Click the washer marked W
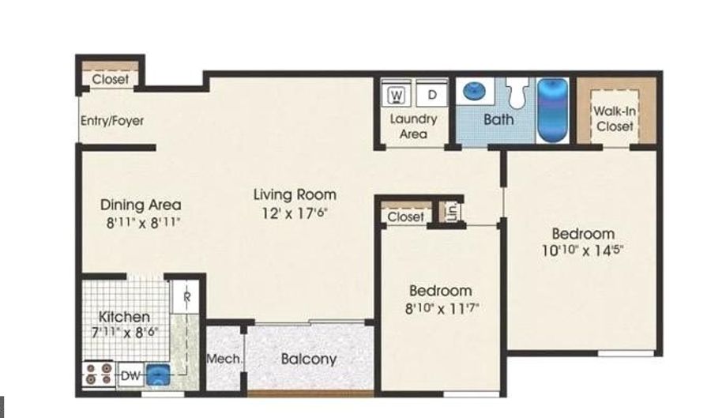(x=397, y=94)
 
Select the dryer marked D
(x=431, y=94)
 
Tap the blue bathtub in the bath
(x=552, y=110)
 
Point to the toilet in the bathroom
(x=517, y=92)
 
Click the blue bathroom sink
(x=474, y=91)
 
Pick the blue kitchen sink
(x=157, y=375)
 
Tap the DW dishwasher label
(x=130, y=376)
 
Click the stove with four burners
(x=99, y=374)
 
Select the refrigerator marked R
(x=186, y=297)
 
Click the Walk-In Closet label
(x=615, y=119)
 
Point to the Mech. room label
(x=224, y=359)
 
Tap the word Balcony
(x=309, y=359)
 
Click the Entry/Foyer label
(x=112, y=121)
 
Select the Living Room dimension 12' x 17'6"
(x=295, y=213)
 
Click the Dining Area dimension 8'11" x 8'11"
(x=143, y=223)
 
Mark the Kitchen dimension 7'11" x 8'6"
(x=125, y=333)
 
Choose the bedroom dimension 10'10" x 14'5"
(x=583, y=250)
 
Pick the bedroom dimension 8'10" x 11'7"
(x=442, y=309)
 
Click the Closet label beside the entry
(x=110, y=79)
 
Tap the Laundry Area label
(x=413, y=126)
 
